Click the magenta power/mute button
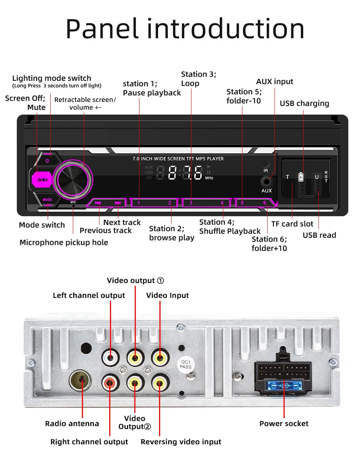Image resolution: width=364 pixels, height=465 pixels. (x=42, y=180)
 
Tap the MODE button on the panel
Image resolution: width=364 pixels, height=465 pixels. (x=47, y=200)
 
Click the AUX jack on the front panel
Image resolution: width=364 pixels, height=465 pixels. (x=266, y=182)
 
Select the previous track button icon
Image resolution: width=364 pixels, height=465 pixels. (x=98, y=203)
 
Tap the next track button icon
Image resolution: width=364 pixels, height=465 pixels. (x=118, y=203)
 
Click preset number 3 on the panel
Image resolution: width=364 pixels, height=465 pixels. (x=191, y=203)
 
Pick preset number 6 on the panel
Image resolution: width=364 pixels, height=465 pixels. (x=265, y=203)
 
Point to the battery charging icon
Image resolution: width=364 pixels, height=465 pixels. (x=301, y=177)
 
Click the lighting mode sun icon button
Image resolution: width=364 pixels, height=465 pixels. (x=47, y=161)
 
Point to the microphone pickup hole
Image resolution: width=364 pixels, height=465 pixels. (x=74, y=206)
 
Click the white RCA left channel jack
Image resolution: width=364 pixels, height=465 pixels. (x=110, y=357)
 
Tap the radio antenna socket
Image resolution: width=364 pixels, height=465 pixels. (x=80, y=381)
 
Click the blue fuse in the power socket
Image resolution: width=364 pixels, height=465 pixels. (x=284, y=386)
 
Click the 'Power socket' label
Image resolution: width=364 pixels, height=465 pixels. (x=284, y=423)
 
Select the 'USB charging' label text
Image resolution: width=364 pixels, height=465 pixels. (x=304, y=103)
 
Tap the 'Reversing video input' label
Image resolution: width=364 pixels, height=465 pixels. (x=181, y=442)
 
